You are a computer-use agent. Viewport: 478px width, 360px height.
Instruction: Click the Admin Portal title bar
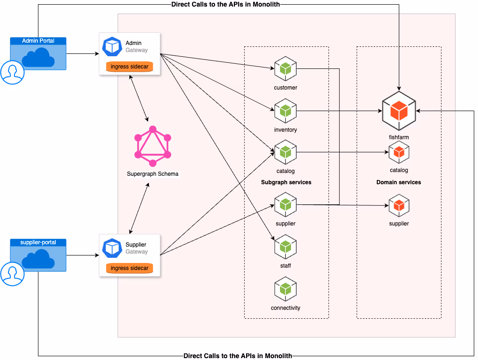coord(38,41)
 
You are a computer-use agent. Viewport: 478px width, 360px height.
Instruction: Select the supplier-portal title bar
coord(38,242)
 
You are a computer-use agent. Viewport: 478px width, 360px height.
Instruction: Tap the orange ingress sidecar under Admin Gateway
coord(129,67)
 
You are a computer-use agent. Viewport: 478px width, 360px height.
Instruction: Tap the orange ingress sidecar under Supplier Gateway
coord(129,268)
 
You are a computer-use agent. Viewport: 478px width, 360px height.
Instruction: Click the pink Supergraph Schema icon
coord(152,146)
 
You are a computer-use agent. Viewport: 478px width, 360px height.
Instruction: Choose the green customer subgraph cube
coord(285,68)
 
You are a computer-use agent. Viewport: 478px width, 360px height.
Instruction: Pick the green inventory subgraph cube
coord(285,111)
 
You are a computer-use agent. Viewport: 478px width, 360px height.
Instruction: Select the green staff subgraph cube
coord(285,247)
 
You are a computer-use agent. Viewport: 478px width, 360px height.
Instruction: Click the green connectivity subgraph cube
coord(285,289)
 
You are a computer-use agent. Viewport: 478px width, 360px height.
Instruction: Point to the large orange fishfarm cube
coord(399,111)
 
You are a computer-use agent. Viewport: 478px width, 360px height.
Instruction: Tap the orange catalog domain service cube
coord(399,152)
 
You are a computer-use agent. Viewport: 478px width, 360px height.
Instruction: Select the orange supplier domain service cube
coord(399,205)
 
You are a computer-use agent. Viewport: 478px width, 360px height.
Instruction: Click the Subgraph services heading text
coord(286,182)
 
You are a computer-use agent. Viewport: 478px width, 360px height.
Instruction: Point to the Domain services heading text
coord(398,182)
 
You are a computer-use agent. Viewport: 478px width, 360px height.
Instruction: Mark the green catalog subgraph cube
coord(285,152)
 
